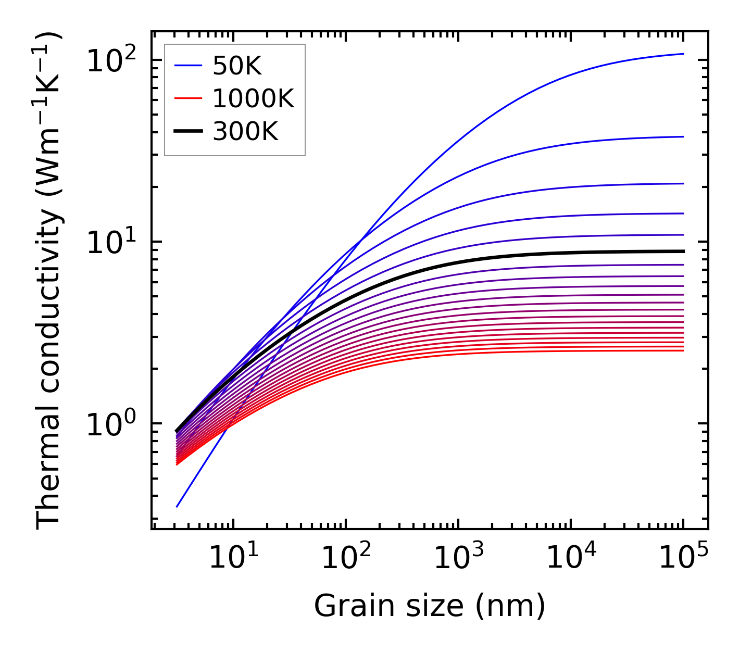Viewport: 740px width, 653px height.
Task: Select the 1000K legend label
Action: pyautogui.click(x=253, y=99)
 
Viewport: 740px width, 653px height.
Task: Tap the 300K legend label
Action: pyautogui.click(x=245, y=132)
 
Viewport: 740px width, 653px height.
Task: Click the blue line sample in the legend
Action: pyautogui.click(x=187, y=66)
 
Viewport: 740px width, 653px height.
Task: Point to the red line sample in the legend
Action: pyautogui.click(x=187, y=98)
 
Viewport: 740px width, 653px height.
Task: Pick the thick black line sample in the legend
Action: pyautogui.click(x=187, y=132)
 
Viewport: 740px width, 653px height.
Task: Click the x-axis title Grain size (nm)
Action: pyautogui.click(x=430, y=607)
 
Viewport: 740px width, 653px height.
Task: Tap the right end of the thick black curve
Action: pyautogui.click(x=683, y=252)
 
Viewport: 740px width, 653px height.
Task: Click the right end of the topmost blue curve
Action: pyautogui.click(x=683, y=54)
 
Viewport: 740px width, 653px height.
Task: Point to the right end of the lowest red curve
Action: pyautogui.click(x=683, y=350)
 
